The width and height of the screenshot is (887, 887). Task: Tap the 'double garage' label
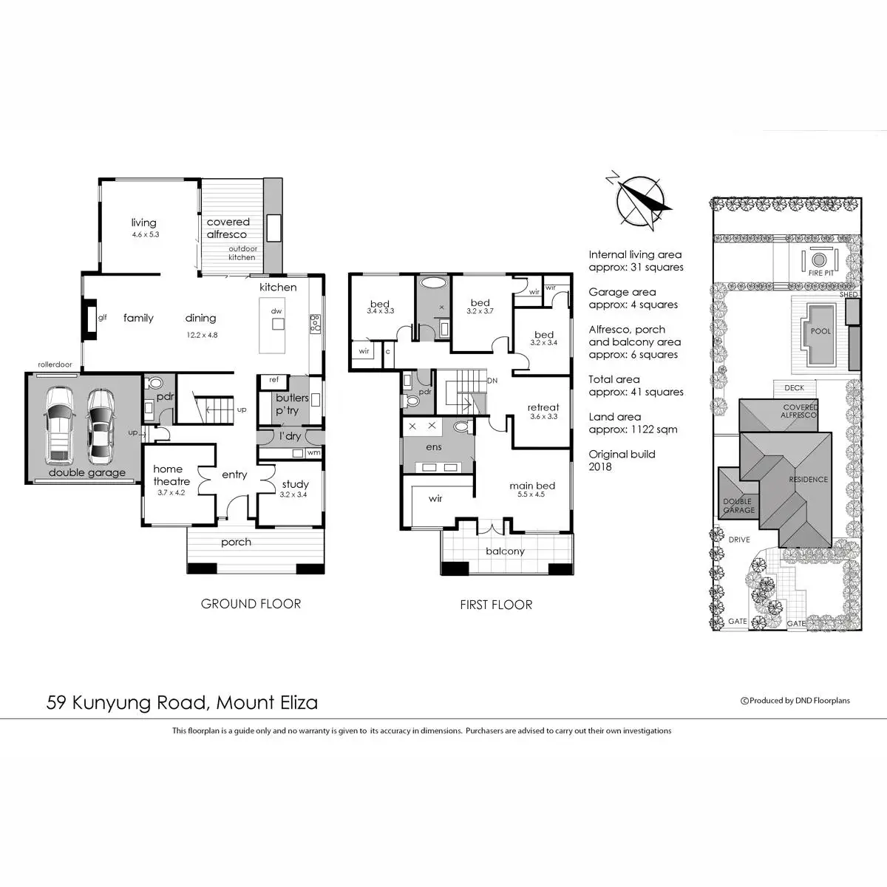[x=87, y=473]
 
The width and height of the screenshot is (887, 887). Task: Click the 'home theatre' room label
[x=171, y=475]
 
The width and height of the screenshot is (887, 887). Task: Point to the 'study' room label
[x=295, y=485]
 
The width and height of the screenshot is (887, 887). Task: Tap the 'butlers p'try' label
[x=292, y=404]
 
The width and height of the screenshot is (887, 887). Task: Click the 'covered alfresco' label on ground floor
[x=228, y=228]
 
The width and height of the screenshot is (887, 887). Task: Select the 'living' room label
[x=144, y=222]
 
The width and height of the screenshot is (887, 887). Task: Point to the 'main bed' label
[x=532, y=486]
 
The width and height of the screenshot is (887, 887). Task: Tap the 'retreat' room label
[x=543, y=407]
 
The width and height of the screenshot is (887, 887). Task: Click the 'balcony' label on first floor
[x=505, y=551]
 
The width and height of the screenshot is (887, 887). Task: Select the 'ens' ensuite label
[x=434, y=447]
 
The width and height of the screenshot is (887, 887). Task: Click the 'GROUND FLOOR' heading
[x=251, y=604]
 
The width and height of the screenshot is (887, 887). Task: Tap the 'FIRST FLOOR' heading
[x=496, y=605]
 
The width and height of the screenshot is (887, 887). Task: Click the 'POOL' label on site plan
[x=820, y=331]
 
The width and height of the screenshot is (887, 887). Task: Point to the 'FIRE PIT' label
[x=820, y=273]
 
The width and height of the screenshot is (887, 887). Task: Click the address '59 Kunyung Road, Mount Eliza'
[x=182, y=702]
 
